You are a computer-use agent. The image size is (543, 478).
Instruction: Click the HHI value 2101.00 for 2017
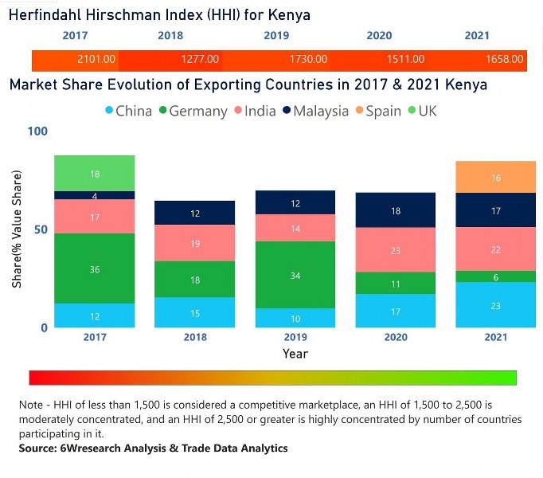coord(96,59)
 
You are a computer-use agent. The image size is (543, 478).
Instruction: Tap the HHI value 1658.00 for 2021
coord(504,59)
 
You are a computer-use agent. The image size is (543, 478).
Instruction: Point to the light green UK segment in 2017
coord(95,174)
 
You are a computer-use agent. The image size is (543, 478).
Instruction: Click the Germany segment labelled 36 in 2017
coord(95,268)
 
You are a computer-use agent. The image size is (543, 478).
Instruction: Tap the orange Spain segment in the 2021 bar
coord(495,178)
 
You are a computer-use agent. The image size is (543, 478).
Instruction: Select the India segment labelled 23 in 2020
coord(396,250)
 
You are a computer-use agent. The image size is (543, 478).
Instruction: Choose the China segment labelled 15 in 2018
coord(195,312)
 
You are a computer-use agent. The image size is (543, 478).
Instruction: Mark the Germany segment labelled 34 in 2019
coord(295,275)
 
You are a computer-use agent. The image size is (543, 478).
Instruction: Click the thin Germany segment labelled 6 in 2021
coord(495,276)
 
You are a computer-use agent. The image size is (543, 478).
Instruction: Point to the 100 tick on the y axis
coord(38,131)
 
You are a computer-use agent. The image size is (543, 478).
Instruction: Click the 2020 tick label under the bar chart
coord(396,337)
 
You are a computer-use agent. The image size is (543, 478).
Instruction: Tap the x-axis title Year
coord(295,353)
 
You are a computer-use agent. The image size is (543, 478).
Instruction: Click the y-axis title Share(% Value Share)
coord(17,229)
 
